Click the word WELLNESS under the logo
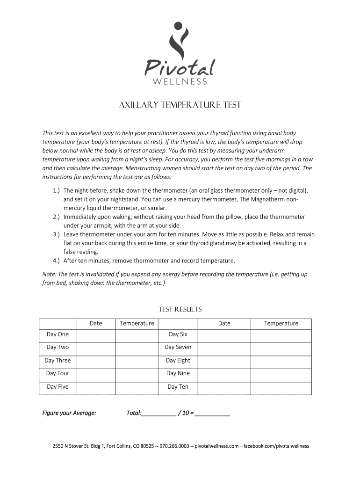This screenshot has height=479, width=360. click(180, 82)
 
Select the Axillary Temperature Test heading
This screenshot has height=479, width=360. click(180, 105)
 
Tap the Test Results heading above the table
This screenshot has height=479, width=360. click(180, 309)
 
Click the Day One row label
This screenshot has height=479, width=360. click(58, 334)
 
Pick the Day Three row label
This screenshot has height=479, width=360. click(58, 361)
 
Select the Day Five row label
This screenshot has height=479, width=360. click(58, 387)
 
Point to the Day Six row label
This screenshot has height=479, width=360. click(178, 334)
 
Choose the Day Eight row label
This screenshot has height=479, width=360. click(178, 361)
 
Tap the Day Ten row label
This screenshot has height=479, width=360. click(178, 387)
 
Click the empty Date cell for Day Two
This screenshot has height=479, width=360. click(95, 348)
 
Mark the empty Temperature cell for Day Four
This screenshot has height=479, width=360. click(137, 374)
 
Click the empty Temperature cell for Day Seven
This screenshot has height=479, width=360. click(281, 348)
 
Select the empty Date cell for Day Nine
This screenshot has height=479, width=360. click(224, 374)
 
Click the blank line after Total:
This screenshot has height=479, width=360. click(159, 414)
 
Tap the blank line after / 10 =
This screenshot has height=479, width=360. click(212, 414)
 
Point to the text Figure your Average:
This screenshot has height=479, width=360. click(69, 413)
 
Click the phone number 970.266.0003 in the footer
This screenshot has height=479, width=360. click(174, 446)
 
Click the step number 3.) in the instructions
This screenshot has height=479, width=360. click(56, 234)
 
